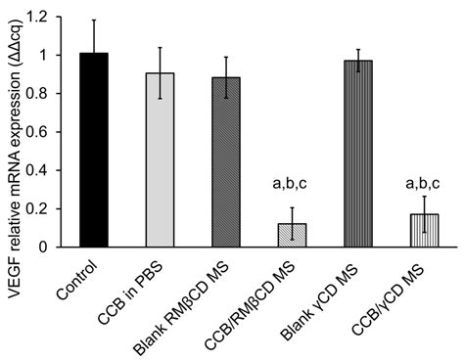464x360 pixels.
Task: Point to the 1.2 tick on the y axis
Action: (x=45, y=18)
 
